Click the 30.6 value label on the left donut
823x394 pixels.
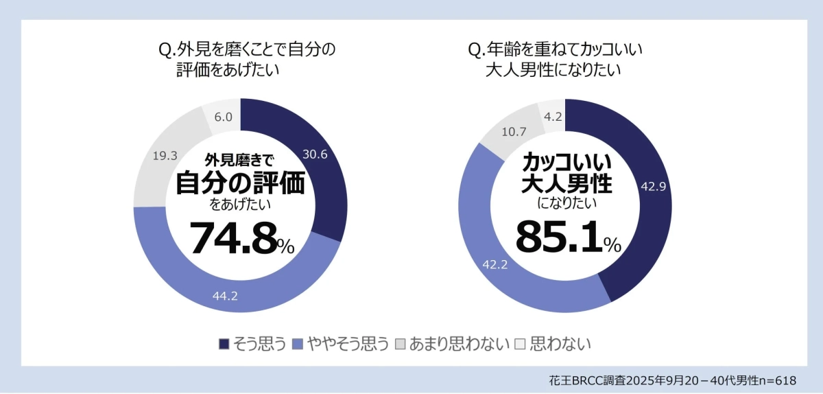[x=315, y=154]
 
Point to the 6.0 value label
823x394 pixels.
[x=223, y=117]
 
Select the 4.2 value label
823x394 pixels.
[x=552, y=116]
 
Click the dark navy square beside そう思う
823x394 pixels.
[x=224, y=343]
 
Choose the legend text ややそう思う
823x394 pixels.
[x=348, y=343]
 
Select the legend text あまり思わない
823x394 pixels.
[x=459, y=343]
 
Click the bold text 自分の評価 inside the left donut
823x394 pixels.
[x=240, y=183]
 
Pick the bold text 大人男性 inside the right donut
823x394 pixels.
[x=566, y=184]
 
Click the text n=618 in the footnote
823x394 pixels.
[x=778, y=380]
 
